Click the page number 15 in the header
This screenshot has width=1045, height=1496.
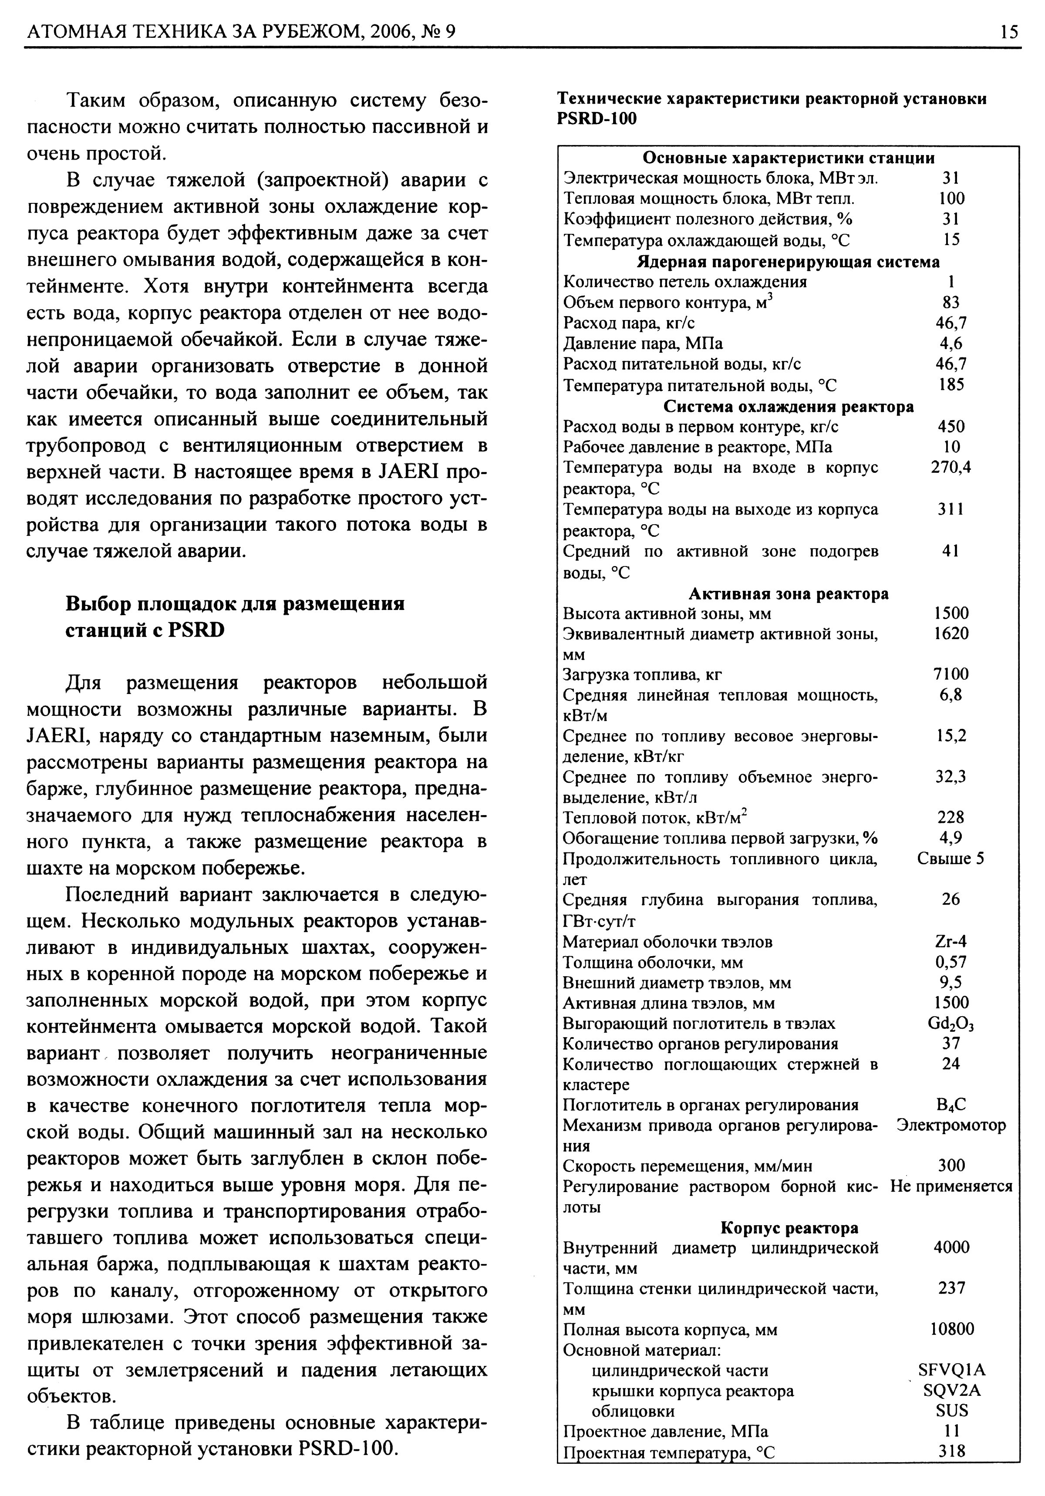point(1008,31)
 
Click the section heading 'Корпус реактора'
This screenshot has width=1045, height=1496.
point(789,1227)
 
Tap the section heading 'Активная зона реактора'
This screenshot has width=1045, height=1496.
point(788,593)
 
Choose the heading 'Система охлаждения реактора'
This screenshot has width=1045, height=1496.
point(788,407)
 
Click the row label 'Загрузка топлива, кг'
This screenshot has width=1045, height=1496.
point(642,674)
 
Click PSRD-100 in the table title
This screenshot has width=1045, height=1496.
point(597,119)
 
